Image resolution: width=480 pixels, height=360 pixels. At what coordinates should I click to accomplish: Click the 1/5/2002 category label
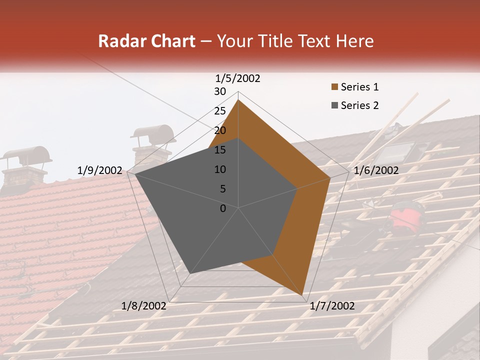(x=238, y=78)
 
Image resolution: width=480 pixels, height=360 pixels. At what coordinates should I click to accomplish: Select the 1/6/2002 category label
(x=376, y=170)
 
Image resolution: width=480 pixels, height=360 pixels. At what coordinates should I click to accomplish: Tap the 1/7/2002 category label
(x=332, y=306)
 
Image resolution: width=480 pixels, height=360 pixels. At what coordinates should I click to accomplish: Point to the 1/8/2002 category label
(x=144, y=306)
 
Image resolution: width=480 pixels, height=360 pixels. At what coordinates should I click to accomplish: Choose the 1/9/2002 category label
(x=100, y=170)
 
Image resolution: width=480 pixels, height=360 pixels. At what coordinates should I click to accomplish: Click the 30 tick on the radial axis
(x=220, y=91)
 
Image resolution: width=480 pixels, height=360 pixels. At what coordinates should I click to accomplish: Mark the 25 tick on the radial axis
(x=220, y=111)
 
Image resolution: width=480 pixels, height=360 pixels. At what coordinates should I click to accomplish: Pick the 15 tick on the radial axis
(x=220, y=150)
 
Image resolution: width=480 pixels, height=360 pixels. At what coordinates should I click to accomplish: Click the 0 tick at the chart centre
(x=223, y=208)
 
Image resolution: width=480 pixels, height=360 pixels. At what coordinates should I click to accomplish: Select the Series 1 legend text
(x=359, y=87)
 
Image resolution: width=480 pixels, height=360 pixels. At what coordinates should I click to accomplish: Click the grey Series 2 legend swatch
(x=334, y=105)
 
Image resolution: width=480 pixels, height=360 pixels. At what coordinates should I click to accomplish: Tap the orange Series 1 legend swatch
(x=334, y=87)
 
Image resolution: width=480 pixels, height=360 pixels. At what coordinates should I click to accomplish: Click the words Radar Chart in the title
(x=146, y=41)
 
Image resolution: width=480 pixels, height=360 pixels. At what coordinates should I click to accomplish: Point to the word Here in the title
(x=354, y=41)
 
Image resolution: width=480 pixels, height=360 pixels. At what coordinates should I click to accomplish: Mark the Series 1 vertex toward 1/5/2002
(x=238, y=100)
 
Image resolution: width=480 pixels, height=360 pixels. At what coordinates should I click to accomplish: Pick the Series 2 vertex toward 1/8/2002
(x=190, y=273)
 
